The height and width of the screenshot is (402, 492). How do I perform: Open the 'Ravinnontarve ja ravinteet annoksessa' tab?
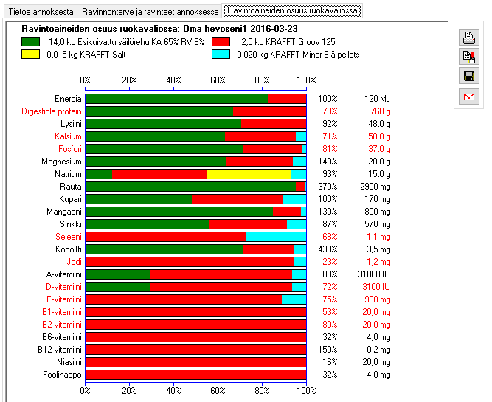pos(150,12)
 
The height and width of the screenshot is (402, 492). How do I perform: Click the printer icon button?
pos(468,38)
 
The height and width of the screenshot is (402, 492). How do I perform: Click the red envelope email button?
pos(468,95)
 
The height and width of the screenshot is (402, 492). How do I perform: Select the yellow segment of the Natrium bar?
pos(249,174)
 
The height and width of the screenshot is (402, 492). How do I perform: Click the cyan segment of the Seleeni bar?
pos(275,237)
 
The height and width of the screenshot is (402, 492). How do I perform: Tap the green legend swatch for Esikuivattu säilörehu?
pos(31,41)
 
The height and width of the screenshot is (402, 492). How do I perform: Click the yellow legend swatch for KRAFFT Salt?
pos(31,54)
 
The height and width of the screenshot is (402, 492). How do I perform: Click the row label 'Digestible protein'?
pos(52,111)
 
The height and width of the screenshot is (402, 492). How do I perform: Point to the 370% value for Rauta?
pos(328,187)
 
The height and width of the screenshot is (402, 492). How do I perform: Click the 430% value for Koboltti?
pos(328,249)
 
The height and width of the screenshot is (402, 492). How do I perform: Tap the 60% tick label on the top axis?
pos(218,80)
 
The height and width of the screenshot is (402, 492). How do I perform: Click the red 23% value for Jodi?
pos(329,262)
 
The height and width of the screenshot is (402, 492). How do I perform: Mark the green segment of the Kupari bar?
pos(138,199)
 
